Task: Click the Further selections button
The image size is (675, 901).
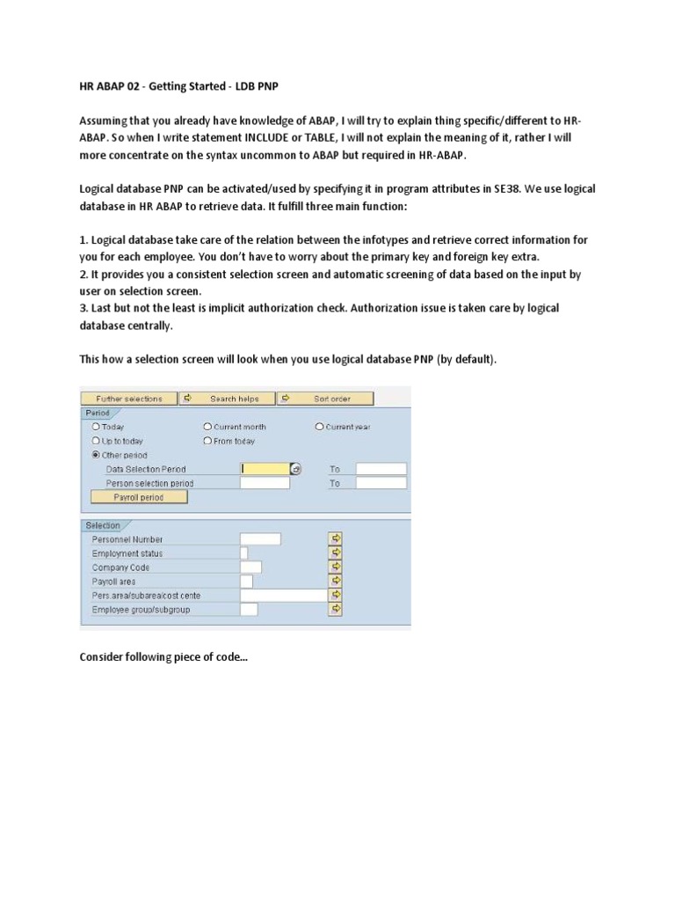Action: pyautogui.click(x=129, y=399)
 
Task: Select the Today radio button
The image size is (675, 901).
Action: pyautogui.click(x=96, y=427)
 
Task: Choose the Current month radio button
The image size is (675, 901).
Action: pyautogui.click(x=207, y=427)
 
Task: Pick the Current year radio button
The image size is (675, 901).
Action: pyautogui.click(x=320, y=427)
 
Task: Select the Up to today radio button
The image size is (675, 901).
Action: pyautogui.click(x=96, y=441)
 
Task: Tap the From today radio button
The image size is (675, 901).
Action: pyautogui.click(x=207, y=441)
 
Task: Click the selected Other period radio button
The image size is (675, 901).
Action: pyautogui.click(x=96, y=455)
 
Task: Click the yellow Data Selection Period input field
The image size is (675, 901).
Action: pyautogui.click(x=265, y=469)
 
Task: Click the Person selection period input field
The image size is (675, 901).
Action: pyautogui.click(x=265, y=483)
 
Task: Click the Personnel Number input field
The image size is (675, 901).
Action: pyautogui.click(x=260, y=539)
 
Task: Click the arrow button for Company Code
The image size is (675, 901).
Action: pyautogui.click(x=335, y=568)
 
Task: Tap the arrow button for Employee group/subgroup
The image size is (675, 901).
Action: pyautogui.click(x=335, y=609)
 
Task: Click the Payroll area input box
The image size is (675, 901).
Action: pyautogui.click(x=246, y=582)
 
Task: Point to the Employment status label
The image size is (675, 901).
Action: pyautogui.click(x=127, y=553)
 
